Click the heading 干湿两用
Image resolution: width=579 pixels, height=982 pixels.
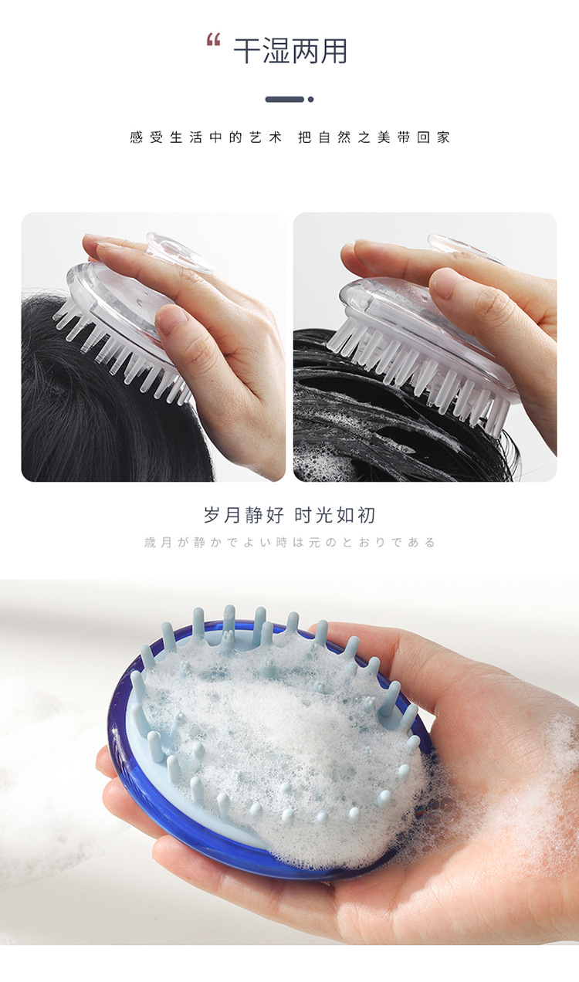pyautogui.click(x=290, y=51)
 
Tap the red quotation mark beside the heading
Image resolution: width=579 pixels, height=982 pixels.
pyautogui.click(x=214, y=41)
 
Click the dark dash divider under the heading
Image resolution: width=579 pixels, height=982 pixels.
pyautogui.click(x=284, y=99)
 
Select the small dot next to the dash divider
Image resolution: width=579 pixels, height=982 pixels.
pyautogui.click(x=310, y=99)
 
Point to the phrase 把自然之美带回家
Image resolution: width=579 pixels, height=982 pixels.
pyautogui.click(x=374, y=137)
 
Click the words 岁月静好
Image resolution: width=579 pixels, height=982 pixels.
pyautogui.click(x=244, y=515)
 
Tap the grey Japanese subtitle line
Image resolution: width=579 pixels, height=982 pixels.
pyautogui.click(x=289, y=543)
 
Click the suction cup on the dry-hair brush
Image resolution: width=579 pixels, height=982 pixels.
pyautogui.click(x=181, y=251)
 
